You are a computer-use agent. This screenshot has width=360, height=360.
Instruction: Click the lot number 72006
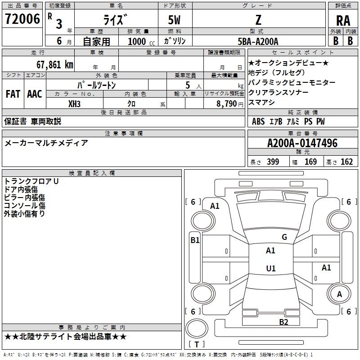pyautogui.click(x=22, y=19)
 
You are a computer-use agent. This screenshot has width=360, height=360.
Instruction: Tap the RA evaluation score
pyautogui.click(x=343, y=21)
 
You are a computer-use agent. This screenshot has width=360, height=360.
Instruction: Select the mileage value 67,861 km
pyautogui.click(x=55, y=64)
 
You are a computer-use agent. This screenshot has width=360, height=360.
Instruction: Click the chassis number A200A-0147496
pyautogui.click(x=302, y=143)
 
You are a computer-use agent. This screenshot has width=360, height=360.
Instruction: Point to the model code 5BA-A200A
pyautogui.click(x=258, y=41)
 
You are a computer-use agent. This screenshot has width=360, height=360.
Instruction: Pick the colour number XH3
pyautogui.click(x=74, y=104)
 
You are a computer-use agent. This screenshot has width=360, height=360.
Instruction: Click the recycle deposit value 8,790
pyautogui.click(x=227, y=104)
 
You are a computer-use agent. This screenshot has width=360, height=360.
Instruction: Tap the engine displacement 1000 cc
pyautogui.click(x=141, y=41)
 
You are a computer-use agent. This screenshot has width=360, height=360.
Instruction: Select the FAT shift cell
pyautogui.click(x=13, y=94)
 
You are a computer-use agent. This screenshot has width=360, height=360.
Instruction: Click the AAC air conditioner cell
pyautogui.click(x=35, y=94)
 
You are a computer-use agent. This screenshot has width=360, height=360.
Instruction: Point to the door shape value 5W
pyautogui.click(x=174, y=20)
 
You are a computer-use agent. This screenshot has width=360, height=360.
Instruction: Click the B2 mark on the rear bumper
pyautogui.click(x=283, y=322)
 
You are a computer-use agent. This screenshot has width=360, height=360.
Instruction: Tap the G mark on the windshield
pyautogui.click(x=284, y=237)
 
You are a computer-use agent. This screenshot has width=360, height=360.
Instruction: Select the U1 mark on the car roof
pyautogui.click(x=271, y=268)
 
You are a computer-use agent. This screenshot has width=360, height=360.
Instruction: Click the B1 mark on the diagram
pyautogui.click(x=195, y=240)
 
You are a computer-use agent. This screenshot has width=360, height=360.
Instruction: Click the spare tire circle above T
pyautogui.click(x=197, y=328)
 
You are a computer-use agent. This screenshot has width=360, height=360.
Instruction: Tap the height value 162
pyautogui.click(x=346, y=162)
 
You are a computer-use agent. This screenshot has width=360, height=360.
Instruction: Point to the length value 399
pyautogui.click(x=273, y=162)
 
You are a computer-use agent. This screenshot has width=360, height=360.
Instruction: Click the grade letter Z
pyautogui.click(x=258, y=20)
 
